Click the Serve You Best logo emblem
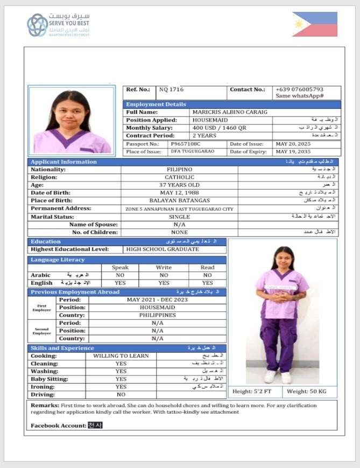click(x=38, y=25)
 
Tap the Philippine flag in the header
click(x=315, y=24)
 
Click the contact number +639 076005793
click(x=300, y=89)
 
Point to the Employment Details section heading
click(x=156, y=104)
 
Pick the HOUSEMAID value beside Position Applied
click(x=210, y=120)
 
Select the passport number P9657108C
click(x=186, y=144)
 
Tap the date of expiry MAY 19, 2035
click(x=294, y=152)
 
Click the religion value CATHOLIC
click(x=179, y=177)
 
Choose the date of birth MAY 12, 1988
click(x=179, y=193)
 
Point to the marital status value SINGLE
click(x=179, y=216)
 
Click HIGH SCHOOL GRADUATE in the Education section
click(x=163, y=249)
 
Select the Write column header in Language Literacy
click(x=164, y=267)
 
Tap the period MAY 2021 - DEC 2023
click(x=157, y=299)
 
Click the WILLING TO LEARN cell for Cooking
click(x=121, y=356)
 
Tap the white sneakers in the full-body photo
click(x=278, y=376)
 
